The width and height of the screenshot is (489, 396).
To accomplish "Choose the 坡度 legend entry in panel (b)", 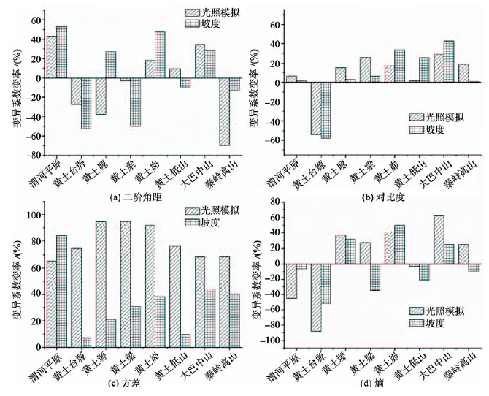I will (434, 129).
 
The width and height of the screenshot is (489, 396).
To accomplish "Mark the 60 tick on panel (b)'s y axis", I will (274, 24).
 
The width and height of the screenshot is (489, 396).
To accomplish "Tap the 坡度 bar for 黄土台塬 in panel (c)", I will (87, 342).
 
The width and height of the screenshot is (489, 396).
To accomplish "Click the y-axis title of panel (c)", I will (16, 279).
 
